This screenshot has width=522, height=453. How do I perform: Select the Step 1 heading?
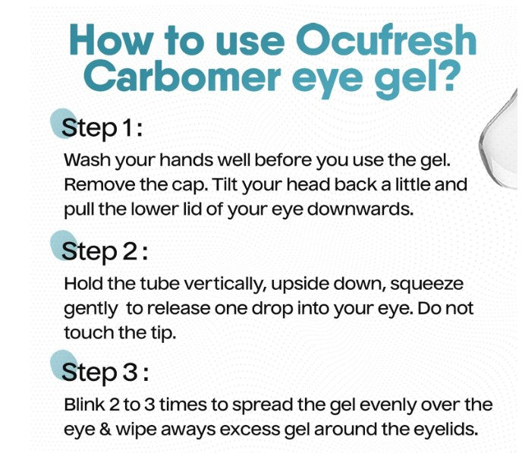coord(103,128)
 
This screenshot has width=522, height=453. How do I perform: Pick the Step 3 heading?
coord(105,372)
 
